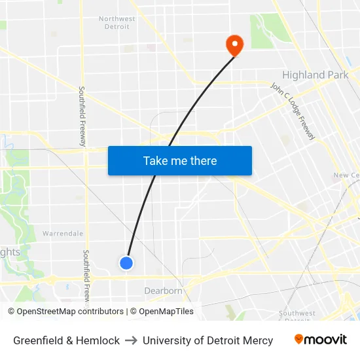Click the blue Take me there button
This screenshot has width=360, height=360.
[x=180, y=160]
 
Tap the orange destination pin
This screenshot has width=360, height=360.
[x=234, y=45]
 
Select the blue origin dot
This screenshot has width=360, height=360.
[x=126, y=262]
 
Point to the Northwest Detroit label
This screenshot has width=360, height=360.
[x=117, y=23]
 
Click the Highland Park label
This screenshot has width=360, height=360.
[x=315, y=75]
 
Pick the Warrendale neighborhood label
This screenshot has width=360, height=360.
[x=63, y=233]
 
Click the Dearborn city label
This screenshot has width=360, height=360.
[x=163, y=291]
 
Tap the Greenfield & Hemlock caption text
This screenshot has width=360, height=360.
[x=67, y=340]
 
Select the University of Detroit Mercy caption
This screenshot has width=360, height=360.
[x=208, y=340]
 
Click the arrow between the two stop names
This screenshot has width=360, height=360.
[x=131, y=340]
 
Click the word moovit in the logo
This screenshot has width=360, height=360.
[x=326, y=340]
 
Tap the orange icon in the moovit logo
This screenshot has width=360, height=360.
[x=298, y=339]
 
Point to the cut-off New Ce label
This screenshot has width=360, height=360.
[x=346, y=175]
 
